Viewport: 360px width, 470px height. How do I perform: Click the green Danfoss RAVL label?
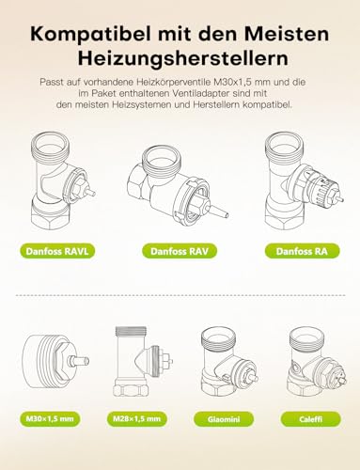click(x=57, y=251)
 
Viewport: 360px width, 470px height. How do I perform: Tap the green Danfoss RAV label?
click(x=180, y=251)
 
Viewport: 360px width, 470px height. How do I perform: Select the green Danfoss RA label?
click(x=302, y=251)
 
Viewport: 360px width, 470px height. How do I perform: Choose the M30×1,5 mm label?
click(x=50, y=419)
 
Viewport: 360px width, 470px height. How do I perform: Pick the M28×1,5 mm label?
click(x=136, y=419)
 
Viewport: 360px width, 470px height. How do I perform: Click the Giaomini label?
click(x=224, y=419)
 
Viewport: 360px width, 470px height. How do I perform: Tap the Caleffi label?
click(x=310, y=419)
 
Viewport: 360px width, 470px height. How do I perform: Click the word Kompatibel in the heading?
click(x=92, y=35)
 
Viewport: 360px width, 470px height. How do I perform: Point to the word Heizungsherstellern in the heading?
click(x=183, y=59)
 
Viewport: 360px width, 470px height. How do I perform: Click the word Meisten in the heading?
click(x=287, y=34)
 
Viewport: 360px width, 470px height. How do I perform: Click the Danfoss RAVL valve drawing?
click(x=63, y=181)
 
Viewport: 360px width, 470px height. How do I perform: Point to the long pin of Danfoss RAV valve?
click(x=218, y=212)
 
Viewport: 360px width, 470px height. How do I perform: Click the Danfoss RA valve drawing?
click(x=304, y=181)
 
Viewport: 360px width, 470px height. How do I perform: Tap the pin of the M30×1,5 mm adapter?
click(x=79, y=361)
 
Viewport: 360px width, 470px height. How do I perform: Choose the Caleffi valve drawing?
click(x=317, y=362)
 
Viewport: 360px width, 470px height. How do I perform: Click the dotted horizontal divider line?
click(x=180, y=295)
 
